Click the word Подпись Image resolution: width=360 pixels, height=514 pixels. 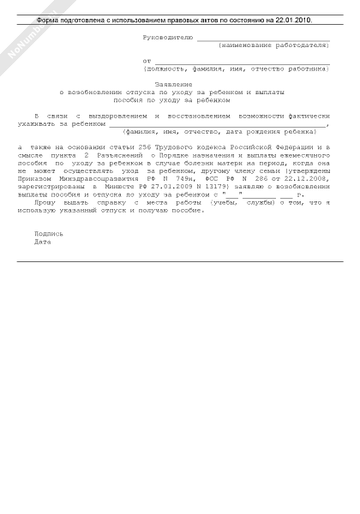(x=48, y=233)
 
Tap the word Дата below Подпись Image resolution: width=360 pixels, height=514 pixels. (x=42, y=241)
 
